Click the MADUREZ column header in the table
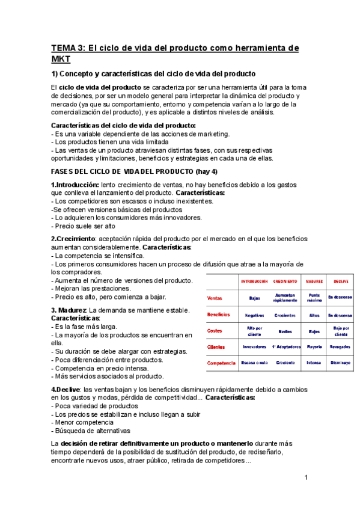pos(315,281)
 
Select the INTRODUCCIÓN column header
pos(254,281)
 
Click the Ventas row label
pos(215,298)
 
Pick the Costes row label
pos(215,331)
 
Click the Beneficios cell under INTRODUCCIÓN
pos(254,315)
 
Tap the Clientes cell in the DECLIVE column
pos(340,346)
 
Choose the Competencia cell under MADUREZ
pos(314,363)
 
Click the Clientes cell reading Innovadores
pos(254,346)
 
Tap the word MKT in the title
pos(61,59)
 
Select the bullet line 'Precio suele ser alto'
pos(85,226)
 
